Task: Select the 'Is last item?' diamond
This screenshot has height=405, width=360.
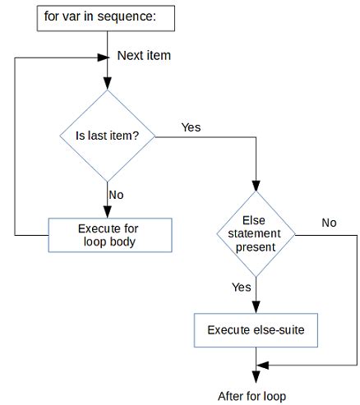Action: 108,136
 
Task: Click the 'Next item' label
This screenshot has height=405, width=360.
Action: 144,56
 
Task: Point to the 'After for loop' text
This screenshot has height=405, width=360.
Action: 253,396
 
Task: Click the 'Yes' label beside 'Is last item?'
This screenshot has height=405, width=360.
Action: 191,128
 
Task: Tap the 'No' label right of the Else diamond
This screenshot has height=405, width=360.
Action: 329,222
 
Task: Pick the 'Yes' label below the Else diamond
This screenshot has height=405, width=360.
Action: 242,288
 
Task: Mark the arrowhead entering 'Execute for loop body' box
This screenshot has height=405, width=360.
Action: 108,212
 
